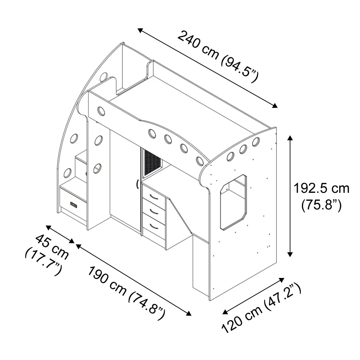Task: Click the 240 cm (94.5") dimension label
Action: click(218, 56)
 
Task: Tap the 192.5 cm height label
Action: click(322, 189)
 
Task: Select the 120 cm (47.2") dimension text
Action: click(261, 308)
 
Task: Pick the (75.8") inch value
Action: click(322, 205)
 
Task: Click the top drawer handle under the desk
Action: click(154, 197)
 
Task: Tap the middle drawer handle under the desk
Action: click(154, 211)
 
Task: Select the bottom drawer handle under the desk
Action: click(154, 226)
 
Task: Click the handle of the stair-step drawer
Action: click(74, 205)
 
